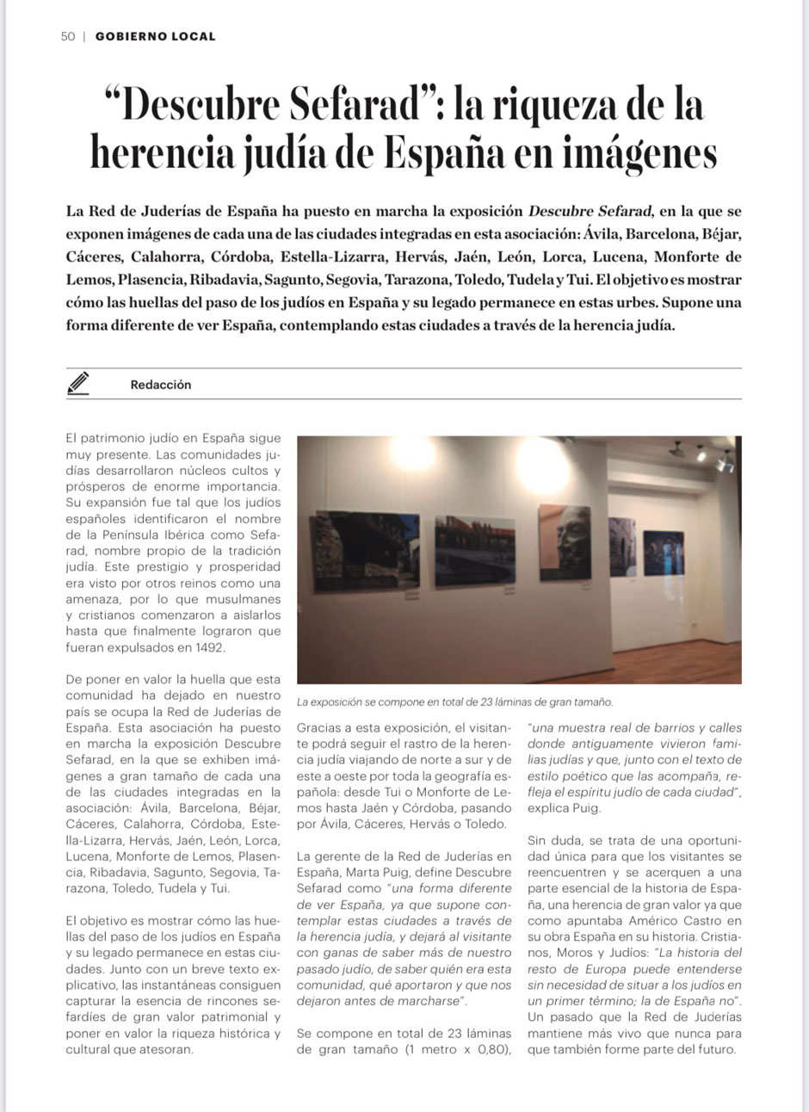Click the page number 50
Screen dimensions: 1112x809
click(67, 36)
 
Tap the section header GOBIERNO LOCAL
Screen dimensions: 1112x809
click(155, 36)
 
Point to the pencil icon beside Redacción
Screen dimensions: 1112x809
click(78, 383)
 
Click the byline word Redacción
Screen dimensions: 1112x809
click(161, 385)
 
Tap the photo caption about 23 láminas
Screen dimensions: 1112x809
click(454, 702)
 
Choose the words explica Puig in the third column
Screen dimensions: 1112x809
click(564, 808)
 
